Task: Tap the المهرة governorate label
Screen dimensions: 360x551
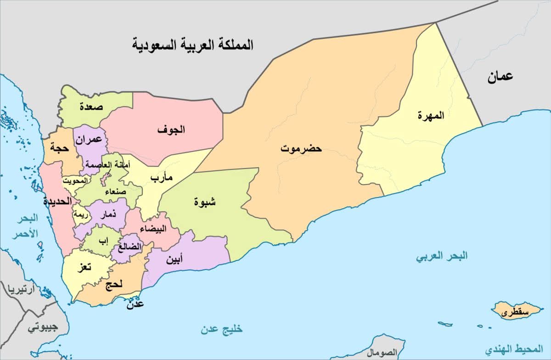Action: coord(431,115)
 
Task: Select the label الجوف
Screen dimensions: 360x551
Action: coord(171,129)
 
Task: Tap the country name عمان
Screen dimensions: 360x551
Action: coord(500,77)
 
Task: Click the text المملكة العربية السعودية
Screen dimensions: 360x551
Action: coord(193,45)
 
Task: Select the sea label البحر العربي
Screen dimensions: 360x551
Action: coord(442,256)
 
